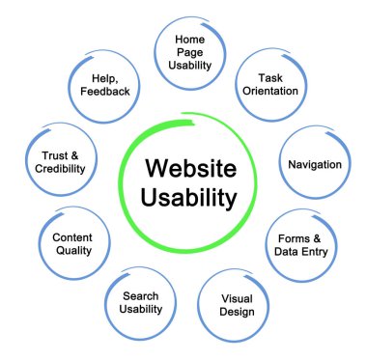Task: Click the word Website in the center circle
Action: pos(189,168)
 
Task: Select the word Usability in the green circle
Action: pos(189,201)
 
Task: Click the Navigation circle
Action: pos(314,164)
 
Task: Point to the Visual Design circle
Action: pos(237,305)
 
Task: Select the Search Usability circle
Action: pos(141,302)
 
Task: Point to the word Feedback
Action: pos(102,91)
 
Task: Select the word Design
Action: pos(237,313)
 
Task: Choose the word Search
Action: pos(141,294)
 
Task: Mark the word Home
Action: pos(190,39)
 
